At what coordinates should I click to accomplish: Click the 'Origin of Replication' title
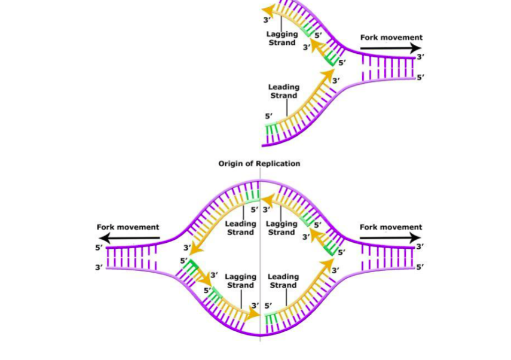259,163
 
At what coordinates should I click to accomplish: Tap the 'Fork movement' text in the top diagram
391,38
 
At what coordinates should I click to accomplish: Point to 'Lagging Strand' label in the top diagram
281,38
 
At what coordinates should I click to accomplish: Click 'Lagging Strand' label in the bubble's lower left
240,281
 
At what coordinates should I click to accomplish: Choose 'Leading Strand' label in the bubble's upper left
240,228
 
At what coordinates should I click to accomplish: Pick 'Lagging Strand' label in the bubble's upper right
281,228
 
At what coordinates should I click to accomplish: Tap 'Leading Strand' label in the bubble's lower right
283,281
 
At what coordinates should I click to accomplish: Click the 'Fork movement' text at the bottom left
128,227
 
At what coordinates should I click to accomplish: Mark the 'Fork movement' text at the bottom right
391,227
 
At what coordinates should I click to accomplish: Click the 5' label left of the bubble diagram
99,248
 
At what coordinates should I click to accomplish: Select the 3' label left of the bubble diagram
99,267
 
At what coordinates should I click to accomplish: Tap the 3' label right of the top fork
421,57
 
